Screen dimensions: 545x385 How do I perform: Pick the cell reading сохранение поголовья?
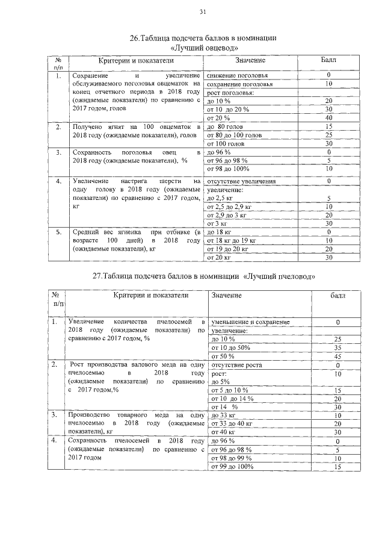[239, 84]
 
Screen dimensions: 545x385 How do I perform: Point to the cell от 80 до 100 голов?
[234, 135]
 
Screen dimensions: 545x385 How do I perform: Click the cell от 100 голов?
[226, 144]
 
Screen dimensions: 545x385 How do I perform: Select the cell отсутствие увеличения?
[241, 181]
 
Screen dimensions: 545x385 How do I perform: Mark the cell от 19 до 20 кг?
[227, 249]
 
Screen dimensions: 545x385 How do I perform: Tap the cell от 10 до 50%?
[228, 347]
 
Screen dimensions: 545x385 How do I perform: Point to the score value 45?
[337, 356]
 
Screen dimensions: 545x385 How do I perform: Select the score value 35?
[337, 347]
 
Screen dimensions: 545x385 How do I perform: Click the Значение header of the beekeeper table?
[226, 296]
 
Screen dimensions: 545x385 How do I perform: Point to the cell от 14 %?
[223, 406]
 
